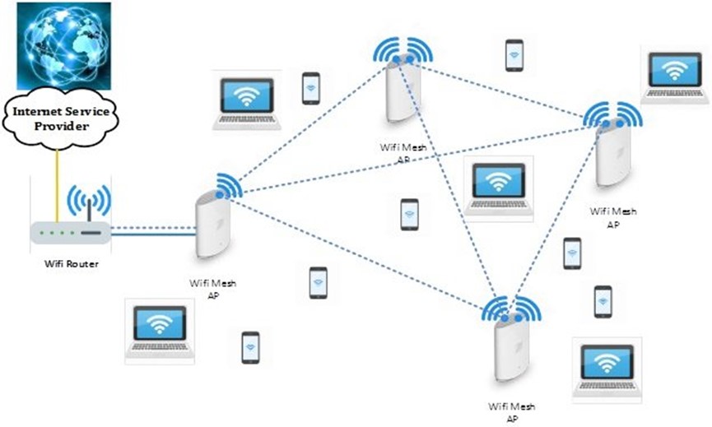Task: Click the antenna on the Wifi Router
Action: click(89, 208)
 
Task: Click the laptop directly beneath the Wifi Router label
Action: click(160, 331)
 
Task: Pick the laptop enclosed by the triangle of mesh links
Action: click(497, 187)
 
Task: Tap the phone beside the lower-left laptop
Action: click(250, 347)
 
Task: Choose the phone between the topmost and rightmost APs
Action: click(514, 55)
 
